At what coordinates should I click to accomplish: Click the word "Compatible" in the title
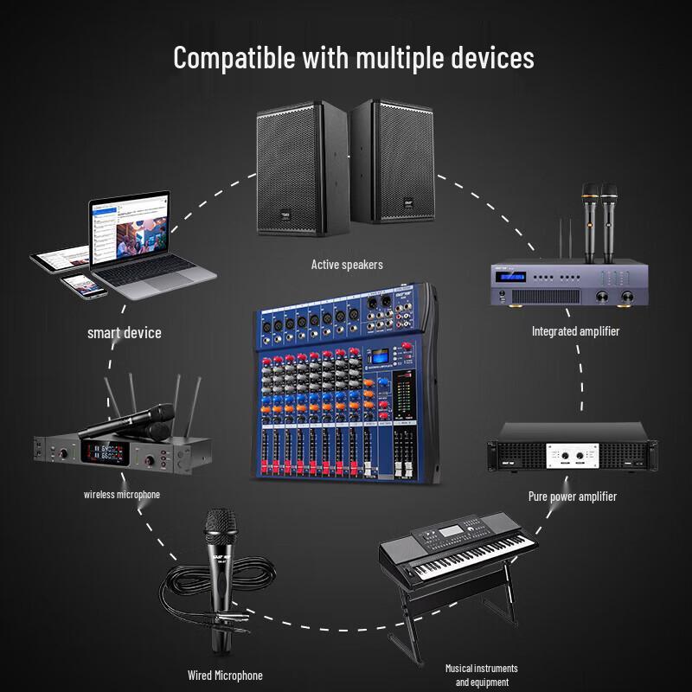click(233, 58)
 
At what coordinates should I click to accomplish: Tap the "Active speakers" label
click(346, 264)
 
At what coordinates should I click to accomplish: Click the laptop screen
click(131, 229)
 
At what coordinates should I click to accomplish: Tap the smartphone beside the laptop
click(83, 285)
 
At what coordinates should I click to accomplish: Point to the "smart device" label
click(124, 332)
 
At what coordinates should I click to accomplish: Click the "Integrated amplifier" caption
click(575, 330)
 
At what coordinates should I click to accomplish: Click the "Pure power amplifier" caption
click(572, 496)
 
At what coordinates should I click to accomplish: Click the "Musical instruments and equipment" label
click(481, 675)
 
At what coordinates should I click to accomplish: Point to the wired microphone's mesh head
click(220, 524)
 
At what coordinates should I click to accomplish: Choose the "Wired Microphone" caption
click(225, 675)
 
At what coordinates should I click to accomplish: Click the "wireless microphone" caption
click(122, 495)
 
